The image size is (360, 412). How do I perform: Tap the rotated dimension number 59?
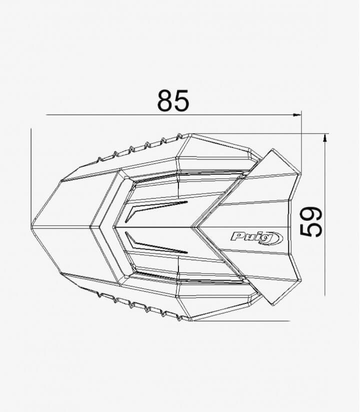click(x=311, y=222)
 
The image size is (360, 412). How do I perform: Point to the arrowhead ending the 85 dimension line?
click(x=298, y=115)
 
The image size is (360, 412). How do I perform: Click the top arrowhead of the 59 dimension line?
click(x=325, y=137)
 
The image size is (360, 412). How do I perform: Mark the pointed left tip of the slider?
click(x=32, y=227)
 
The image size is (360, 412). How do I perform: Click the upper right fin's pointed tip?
click(x=272, y=149)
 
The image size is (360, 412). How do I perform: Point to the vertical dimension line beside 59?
click(x=325, y=215)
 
